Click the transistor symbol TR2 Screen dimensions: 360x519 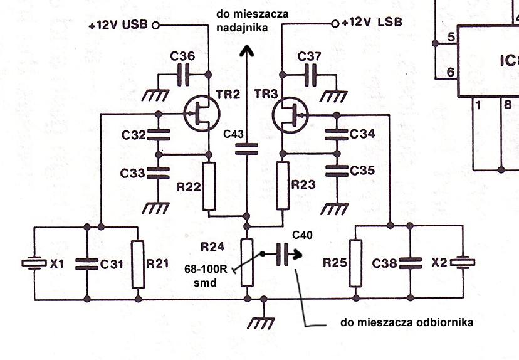(202, 114)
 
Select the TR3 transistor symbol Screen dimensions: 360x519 (290, 114)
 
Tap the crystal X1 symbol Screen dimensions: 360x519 (34, 264)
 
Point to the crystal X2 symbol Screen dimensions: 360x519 (462, 264)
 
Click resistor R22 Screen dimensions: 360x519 (209, 185)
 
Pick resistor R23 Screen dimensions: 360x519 (283, 185)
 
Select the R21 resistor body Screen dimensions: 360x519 (137, 264)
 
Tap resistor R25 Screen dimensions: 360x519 (355, 264)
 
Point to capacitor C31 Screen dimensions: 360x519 (86, 264)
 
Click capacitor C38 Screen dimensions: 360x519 (409, 264)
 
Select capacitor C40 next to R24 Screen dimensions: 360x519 (282, 255)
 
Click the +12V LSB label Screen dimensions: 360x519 (372, 23)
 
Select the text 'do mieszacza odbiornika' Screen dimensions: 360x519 (407, 323)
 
